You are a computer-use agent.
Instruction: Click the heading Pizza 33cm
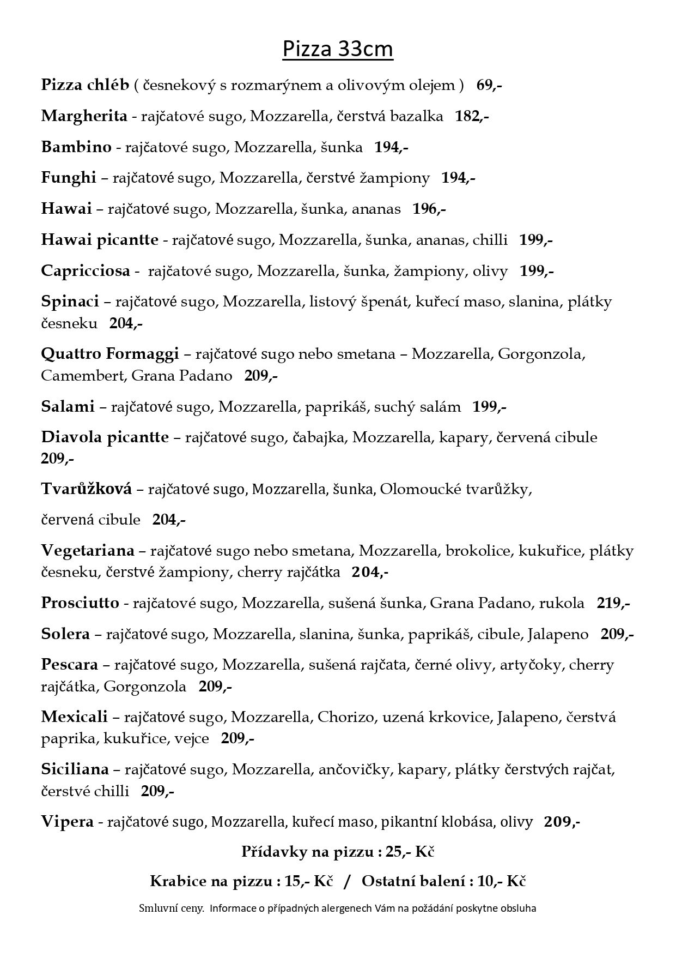[x=338, y=50]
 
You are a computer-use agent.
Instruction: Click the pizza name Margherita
[x=84, y=116]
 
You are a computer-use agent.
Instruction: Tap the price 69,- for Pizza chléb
[x=489, y=85]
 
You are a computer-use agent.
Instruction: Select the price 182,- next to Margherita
[x=472, y=116]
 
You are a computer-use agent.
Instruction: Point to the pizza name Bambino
[x=76, y=147]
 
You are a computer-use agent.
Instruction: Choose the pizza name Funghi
[x=68, y=178]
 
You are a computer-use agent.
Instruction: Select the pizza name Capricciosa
[x=86, y=271]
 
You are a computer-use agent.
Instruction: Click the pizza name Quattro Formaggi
[x=109, y=354]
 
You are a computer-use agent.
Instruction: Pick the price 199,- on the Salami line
[x=490, y=407]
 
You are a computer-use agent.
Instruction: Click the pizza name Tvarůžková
[x=86, y=489]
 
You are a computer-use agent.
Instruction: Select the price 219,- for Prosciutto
[x=613, y=603]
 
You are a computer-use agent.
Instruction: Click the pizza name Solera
[x=65, y=634]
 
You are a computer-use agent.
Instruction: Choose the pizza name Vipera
[x=67, y=822]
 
